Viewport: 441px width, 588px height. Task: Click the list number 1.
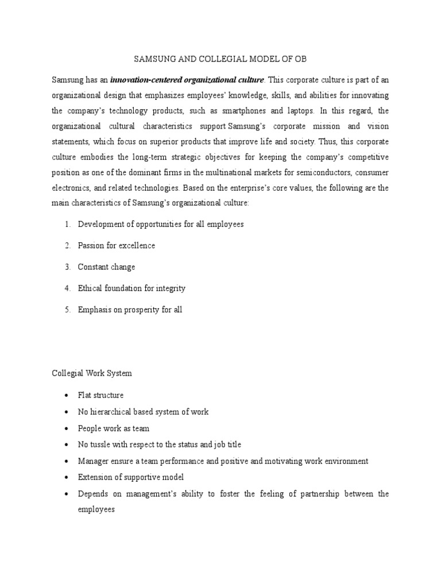coord(67,224)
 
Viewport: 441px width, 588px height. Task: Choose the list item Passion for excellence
coord(117,245)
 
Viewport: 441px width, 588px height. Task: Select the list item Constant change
coord(107,267)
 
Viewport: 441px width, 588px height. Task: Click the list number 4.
coord(67,288)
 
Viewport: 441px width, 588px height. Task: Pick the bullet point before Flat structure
coord(67,395)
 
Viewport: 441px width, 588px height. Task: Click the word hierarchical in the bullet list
coord(117,412)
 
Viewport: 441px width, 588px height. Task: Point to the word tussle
coord(102,444)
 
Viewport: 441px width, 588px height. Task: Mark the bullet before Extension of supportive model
coord(67,478)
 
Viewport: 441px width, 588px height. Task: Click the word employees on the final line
coord(97,509)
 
